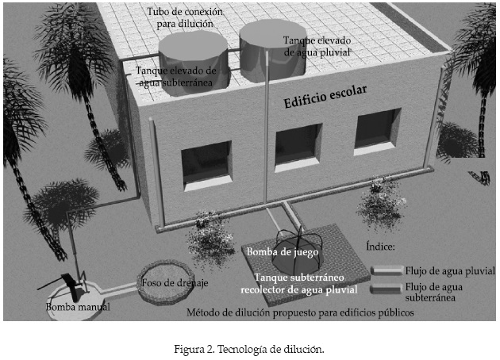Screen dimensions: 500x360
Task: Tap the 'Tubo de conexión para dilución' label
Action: (x=187, y=19)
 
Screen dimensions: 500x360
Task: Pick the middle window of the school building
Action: (x=297, y=147)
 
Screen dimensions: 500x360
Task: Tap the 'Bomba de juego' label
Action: (x=283, y=252)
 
